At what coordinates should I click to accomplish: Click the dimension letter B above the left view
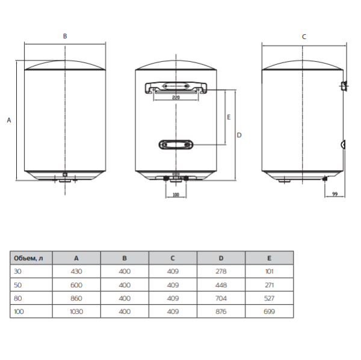(x=65, y=37)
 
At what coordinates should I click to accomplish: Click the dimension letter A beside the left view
(x=8, y=120)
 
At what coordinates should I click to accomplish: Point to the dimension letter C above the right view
(x=304, y=37)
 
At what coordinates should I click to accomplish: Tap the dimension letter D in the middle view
(x=239, y=135)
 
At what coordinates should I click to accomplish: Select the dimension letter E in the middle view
(x=229, y=118)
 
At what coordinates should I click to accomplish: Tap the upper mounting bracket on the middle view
(x=176, y=88)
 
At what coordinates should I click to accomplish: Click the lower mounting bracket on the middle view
(x=176, y=144)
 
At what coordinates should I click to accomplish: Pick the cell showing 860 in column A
(x=76, y=299)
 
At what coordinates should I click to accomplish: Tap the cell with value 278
(x=221, y=272)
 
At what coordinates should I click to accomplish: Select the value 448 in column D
(x=221, y=285)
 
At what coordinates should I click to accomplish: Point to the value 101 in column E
(x=269, y=272)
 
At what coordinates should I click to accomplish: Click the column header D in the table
(x=221, y=258)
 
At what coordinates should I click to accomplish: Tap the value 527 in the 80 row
(x=269, y=299)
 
